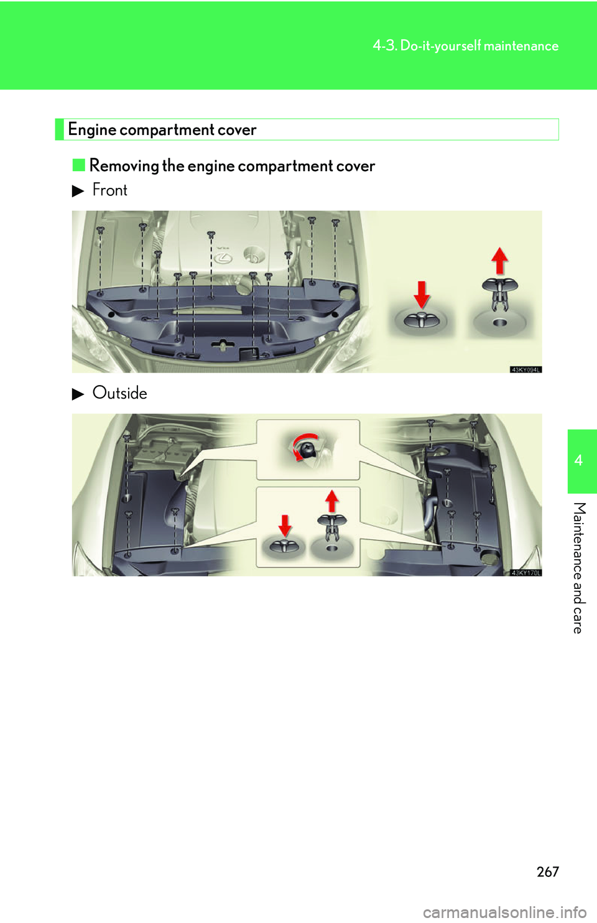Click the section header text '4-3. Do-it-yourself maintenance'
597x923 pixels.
[x=465, y=46]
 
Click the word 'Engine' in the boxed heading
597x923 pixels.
[x=92, y=130]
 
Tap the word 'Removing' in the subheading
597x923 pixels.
[x=124, y=166]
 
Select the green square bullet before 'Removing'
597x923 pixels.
[x=78, y=165]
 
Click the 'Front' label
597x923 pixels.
[x=109, y=190]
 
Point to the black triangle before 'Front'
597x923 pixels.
[x=78, y=191]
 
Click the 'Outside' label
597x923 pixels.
[x=119, y=393]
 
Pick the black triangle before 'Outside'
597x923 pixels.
[x=78, y=394]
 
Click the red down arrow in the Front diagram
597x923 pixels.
[x=422, y=294]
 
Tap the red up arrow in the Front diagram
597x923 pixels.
[x=499, y=260]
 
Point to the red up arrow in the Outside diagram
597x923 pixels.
[x=332, y=501]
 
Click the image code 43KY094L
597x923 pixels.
[x=525, y=369]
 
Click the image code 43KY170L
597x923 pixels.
[x=525, y=573]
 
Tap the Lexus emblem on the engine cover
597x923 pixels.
[x=223, y=256]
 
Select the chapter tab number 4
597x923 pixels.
[x=579, y=460]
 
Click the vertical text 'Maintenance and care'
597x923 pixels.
[x=579, y=567]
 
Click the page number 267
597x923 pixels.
[x=548, y=871]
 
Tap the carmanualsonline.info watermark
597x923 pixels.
[x=504, y=912]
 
